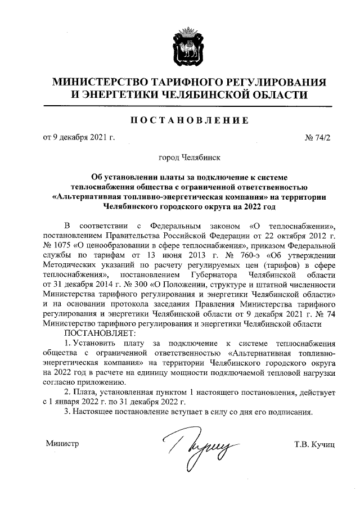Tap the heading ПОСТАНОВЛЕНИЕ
pos(179,120)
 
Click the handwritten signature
pos(194,447)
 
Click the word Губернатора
pos(216,275)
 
